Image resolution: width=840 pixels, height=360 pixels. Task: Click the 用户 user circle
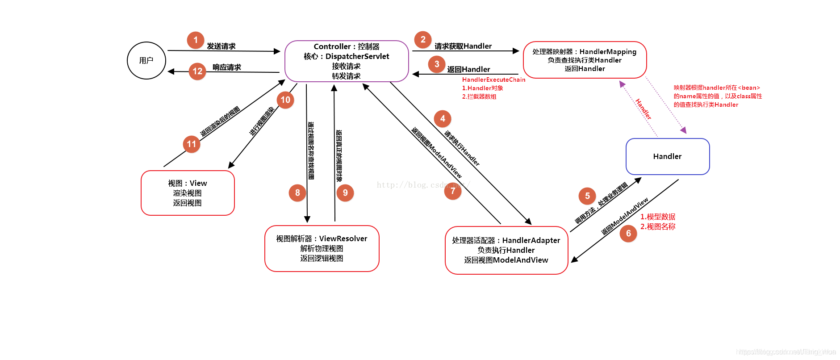point(146,61)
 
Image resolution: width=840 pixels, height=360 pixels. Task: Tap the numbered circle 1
point(196,40)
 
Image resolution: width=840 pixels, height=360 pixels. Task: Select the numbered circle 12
point(197,71)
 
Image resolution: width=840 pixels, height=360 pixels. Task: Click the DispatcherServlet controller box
point(347,61)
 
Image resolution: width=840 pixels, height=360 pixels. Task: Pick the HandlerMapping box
point(585,60)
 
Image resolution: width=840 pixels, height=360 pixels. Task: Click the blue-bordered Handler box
point(668,156)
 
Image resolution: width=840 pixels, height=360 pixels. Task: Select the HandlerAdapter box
point(506,250)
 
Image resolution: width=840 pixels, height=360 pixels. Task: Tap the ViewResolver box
point(322,248)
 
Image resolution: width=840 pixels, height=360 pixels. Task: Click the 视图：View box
point(188,193)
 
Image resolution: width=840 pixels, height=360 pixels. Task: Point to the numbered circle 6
point(628,234)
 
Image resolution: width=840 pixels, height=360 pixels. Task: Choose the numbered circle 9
point(345,193)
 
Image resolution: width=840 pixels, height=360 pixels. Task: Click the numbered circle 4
point(443,119)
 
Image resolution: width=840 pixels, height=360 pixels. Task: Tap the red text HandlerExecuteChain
point(493,80)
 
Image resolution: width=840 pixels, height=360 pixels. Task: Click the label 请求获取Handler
point(463,46)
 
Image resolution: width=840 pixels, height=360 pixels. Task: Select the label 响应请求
point(227,67)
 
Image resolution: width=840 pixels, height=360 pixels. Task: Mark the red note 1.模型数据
point(658,217)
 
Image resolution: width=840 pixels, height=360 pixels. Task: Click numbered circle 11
point(192,144)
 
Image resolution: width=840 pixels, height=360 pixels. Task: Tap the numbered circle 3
point(437,64)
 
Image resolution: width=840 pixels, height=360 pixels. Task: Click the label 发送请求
point(221,46)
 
